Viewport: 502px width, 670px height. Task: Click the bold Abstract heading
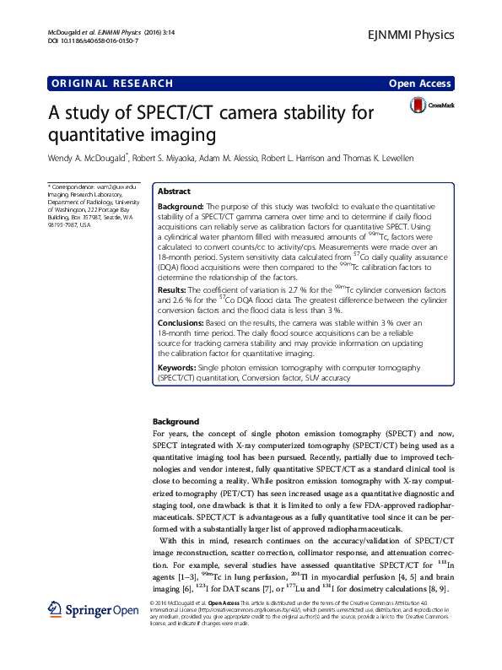pyautogui.click(x=175, y=192)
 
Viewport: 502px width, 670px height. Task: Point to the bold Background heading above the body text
pyautogui.click(x=175, y=421)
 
